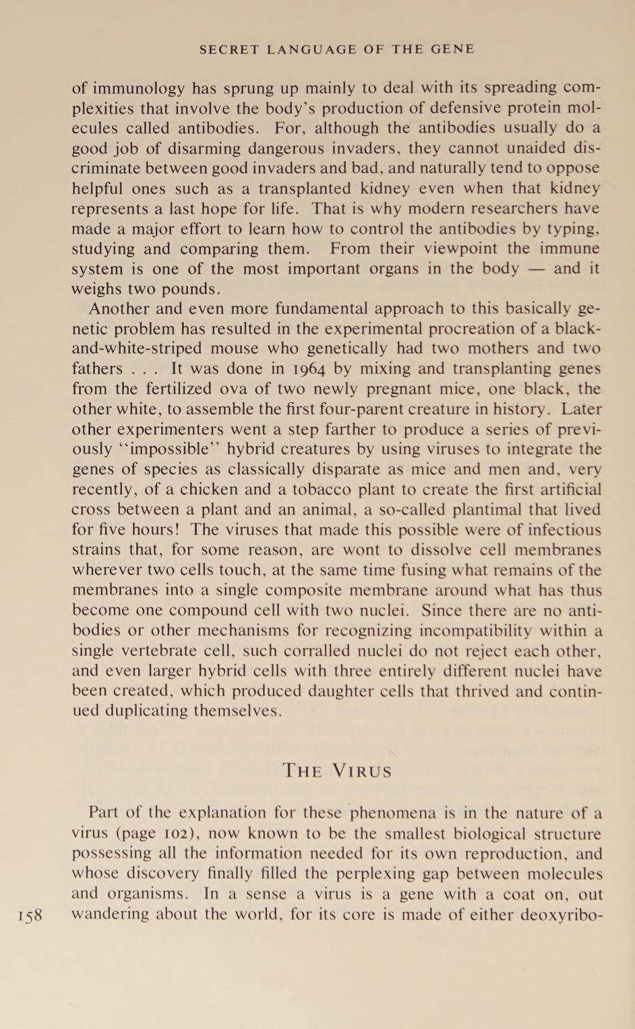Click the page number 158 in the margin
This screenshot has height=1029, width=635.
(30, 916)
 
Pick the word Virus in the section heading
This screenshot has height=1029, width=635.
(365, 771)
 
